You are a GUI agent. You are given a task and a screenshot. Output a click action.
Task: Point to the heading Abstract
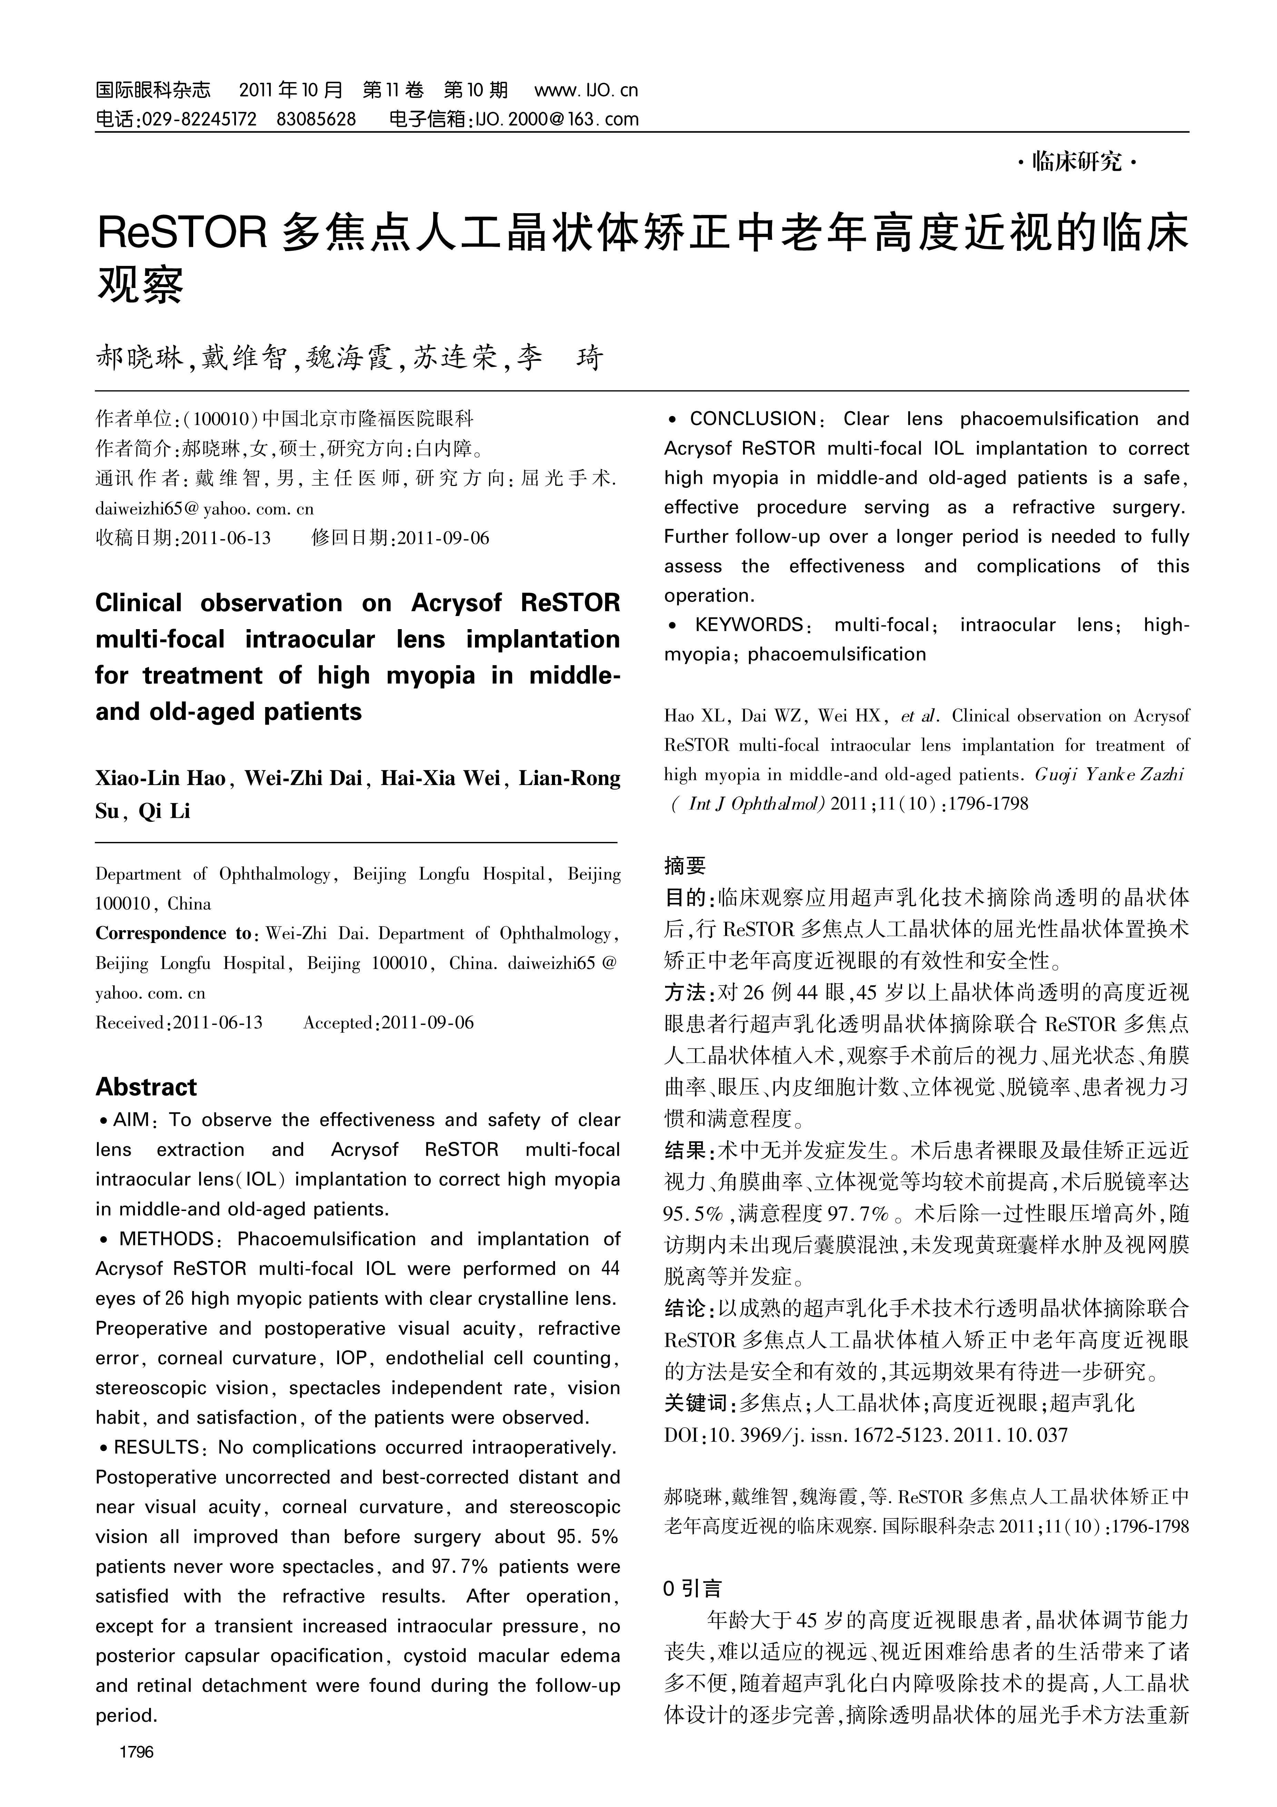coord(147,1087)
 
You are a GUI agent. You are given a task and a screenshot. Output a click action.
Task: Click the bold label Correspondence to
coord(172,933)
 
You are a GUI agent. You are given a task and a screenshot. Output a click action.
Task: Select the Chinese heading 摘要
coord(685,866)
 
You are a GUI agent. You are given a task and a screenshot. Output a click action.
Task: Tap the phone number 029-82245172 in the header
coord(198,120)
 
